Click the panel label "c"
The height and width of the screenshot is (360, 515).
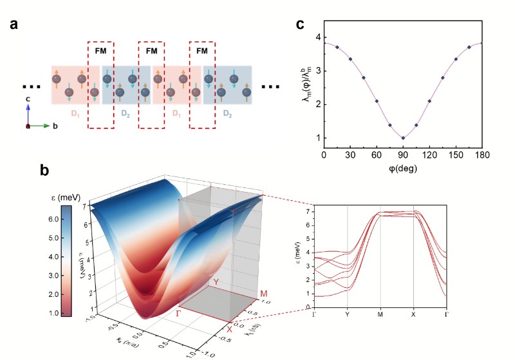coord(301,26)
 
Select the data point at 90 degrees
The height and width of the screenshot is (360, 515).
coord(403,138)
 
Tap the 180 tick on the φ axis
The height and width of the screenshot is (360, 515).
coord(482,155)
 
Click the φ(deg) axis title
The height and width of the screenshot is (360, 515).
coord(402,169)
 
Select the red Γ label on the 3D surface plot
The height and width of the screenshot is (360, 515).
coord(178,313)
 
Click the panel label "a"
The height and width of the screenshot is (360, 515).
coord(15,26)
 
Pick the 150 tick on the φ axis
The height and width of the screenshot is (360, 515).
coord(455,155)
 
